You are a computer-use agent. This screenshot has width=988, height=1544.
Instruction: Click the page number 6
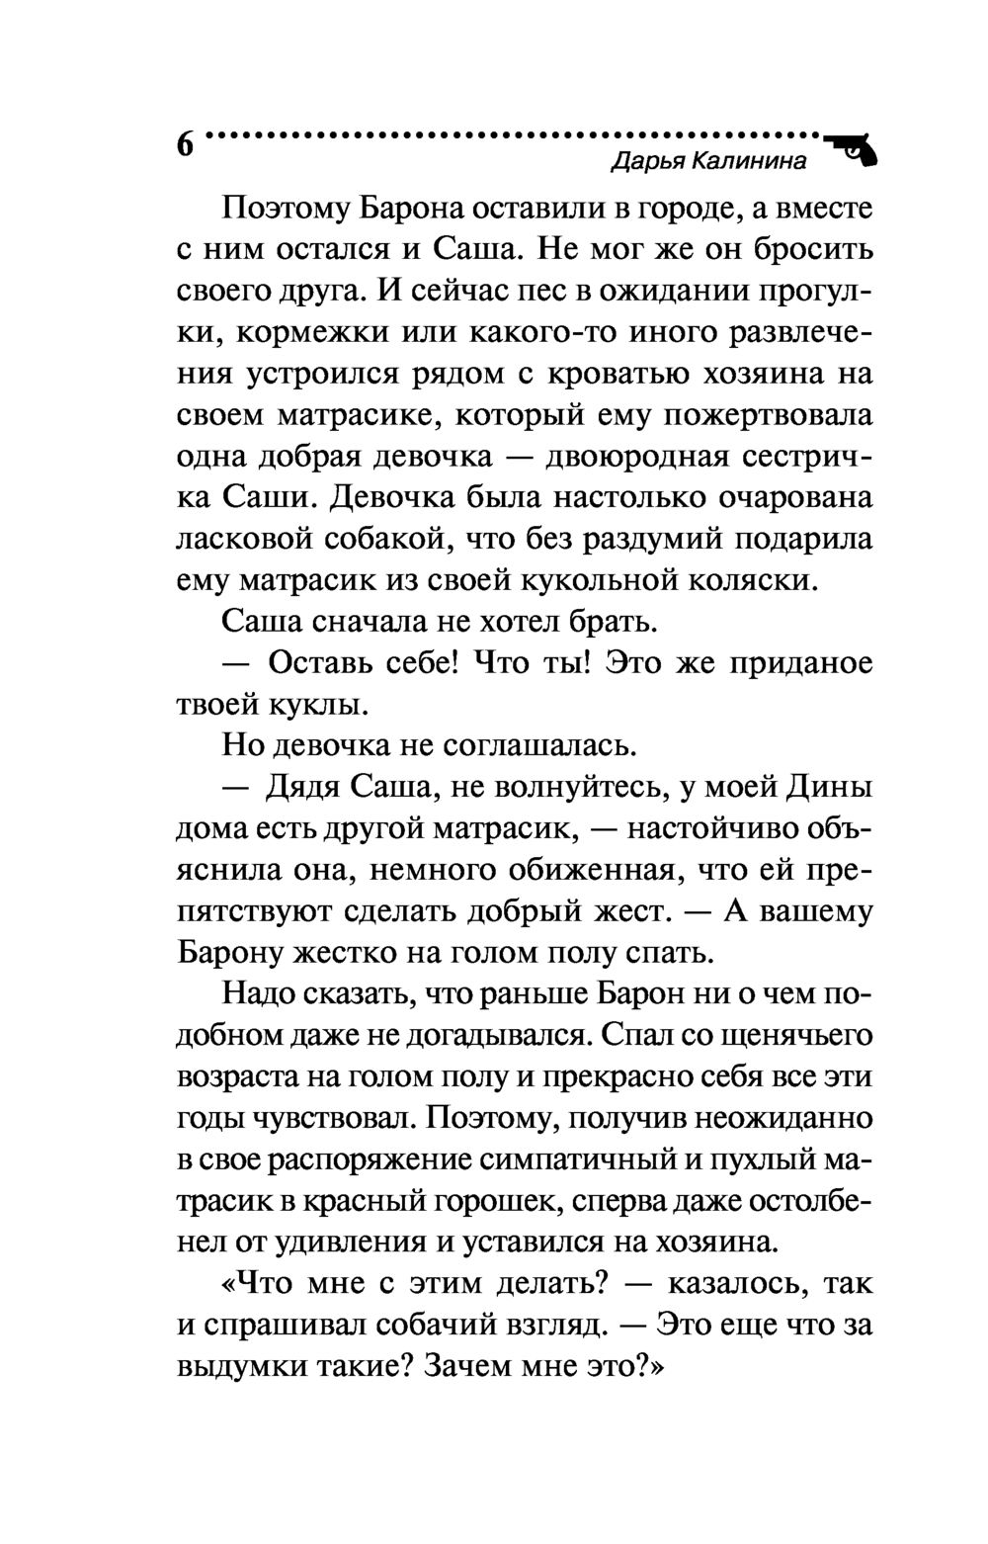(185, 144)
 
